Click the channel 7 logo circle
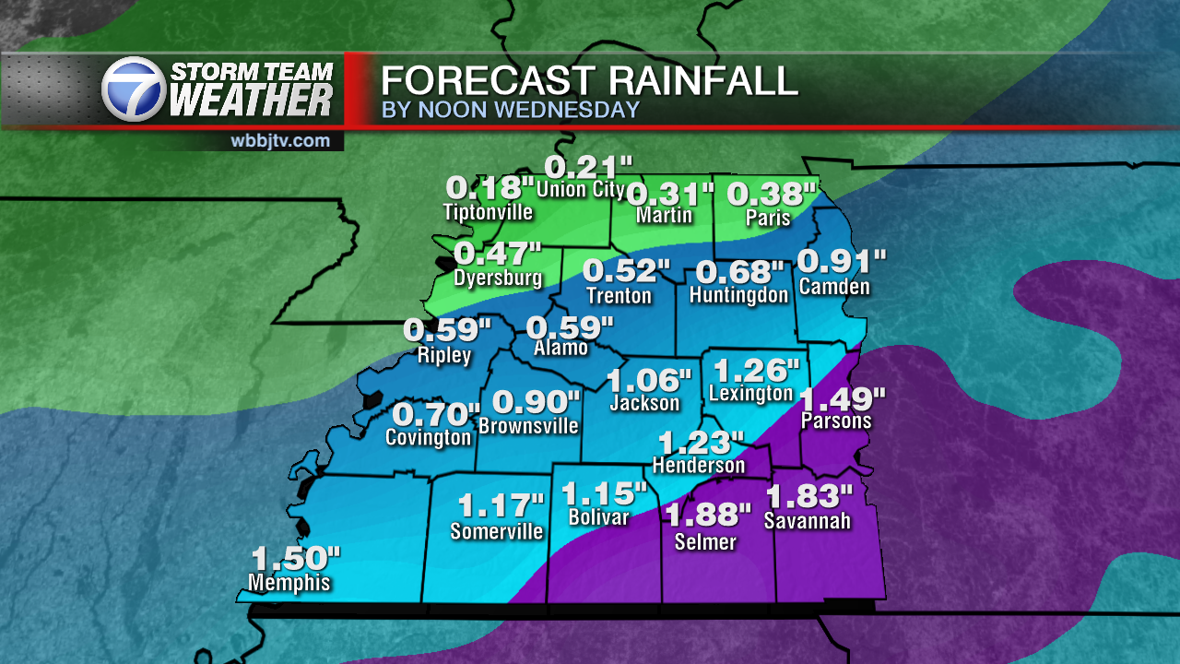(x=134, y=89)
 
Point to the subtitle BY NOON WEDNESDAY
(x=510, y=110)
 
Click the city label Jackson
(x=644, y=403)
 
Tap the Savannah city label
(x=807, y=521)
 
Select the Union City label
(x=580, y=191)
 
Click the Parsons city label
(x=835, y=421)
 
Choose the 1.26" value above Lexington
(x=756, y=370)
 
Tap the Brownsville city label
(x=528, y=425)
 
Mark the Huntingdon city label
(x=738, y=295)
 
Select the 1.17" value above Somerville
(x=501, y=506)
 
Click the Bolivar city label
(x=598, y=517)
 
